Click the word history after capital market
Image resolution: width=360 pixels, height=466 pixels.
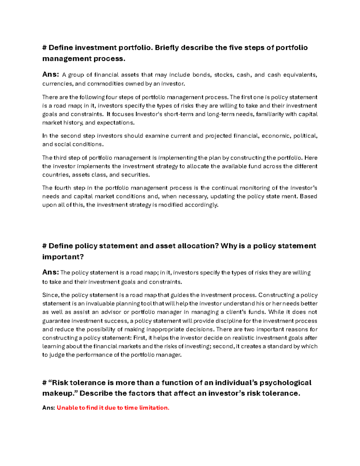[72, 123]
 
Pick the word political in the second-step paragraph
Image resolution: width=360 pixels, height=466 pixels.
[305, 136]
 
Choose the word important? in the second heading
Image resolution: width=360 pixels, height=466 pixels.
[63, 257]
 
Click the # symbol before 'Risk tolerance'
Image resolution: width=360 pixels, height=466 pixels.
[44, 383]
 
